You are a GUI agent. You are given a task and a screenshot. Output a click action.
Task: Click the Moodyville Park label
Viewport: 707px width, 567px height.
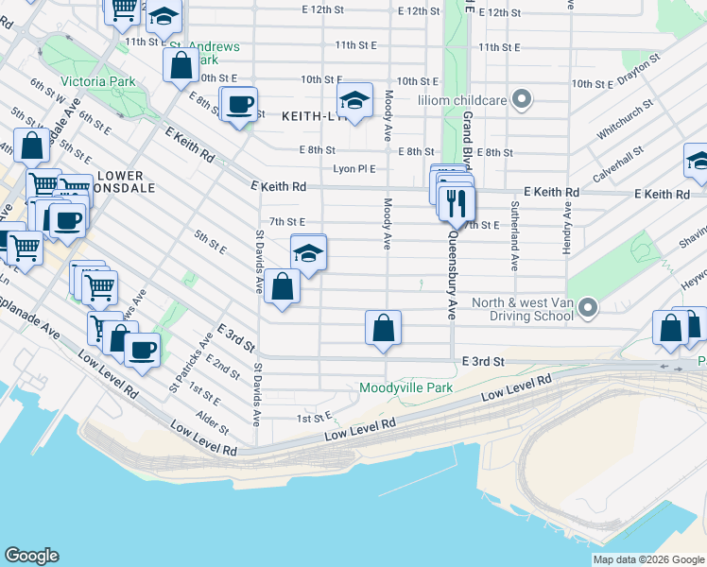pos(405,387)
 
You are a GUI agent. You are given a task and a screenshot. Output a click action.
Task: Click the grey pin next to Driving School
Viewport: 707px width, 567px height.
pos(588,308)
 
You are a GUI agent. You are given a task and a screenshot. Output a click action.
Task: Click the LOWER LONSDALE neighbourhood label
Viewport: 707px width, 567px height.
pos(121,182)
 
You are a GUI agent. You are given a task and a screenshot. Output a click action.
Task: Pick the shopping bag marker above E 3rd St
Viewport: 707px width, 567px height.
pos(383,329)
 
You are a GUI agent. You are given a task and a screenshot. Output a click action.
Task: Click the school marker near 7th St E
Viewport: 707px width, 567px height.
pos(308,253)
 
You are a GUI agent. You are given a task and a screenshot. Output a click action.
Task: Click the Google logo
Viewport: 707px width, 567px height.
pos(31,556)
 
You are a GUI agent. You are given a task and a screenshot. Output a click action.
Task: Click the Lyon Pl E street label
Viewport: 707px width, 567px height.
pos(354,169)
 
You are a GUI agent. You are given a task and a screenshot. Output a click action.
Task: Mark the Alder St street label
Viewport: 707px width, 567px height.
pos(212,421)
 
